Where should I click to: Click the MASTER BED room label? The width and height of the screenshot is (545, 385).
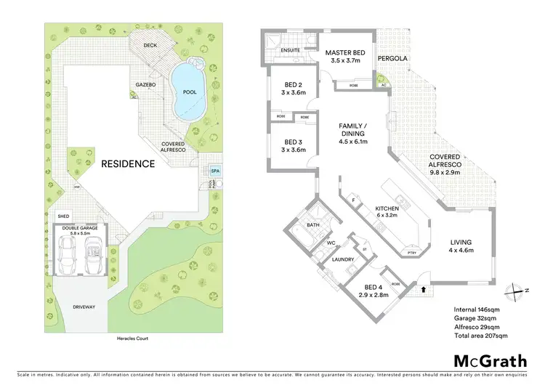pyautogui.click(x=344, y=53)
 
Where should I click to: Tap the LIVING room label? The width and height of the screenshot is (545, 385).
pyautogui.click(x=461, y=242)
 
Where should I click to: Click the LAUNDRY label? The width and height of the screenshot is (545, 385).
pyautogui.click(x=342, y=258)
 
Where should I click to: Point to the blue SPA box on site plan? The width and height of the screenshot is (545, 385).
pyautogui.click(x=214, y=171)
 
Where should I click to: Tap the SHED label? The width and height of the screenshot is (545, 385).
pyautogui.click(x=64, y=216)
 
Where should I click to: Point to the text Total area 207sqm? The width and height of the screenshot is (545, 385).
pyautogui.click(x=480, y=336)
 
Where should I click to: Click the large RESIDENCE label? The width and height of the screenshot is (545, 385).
pyautogui.click(x=128, y=163)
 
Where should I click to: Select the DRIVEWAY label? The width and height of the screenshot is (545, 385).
pyautogui.click(x=84, y=307)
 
